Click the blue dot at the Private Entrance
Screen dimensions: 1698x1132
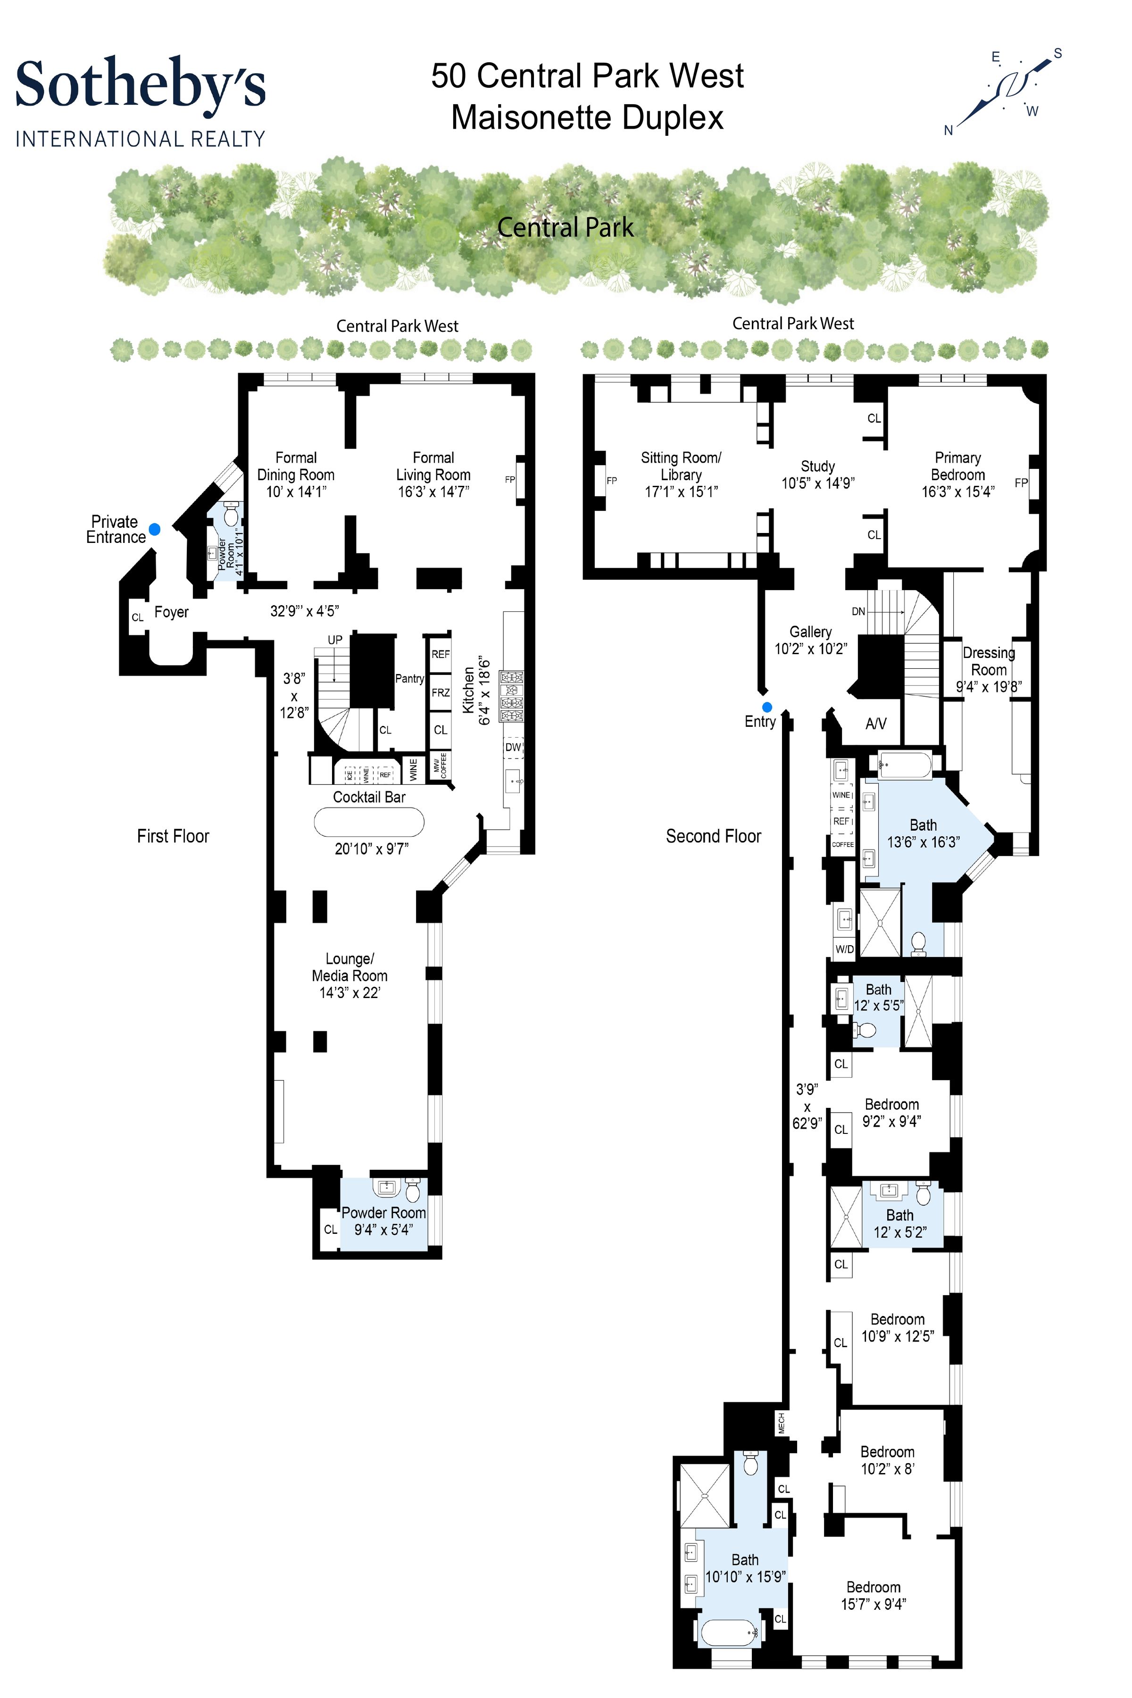point(155,529)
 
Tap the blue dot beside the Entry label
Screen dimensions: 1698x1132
point(767,707)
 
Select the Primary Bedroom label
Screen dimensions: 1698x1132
point(958,466)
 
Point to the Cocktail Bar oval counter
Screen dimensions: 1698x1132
point(369,822)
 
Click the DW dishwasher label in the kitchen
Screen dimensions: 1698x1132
point(513,747)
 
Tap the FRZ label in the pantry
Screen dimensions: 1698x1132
point(441,693)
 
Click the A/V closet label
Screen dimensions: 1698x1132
point(876,724)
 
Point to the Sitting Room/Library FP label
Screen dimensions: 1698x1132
point(611,481)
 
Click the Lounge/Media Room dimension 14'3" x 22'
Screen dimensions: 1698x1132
point(350,993)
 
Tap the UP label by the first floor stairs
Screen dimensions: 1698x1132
point(335,640)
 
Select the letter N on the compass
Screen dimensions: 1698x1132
point(949,131)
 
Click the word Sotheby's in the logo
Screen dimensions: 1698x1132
point(141,85)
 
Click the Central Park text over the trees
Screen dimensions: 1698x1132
point(565,228)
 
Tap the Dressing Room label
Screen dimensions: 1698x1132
point(988,661)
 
